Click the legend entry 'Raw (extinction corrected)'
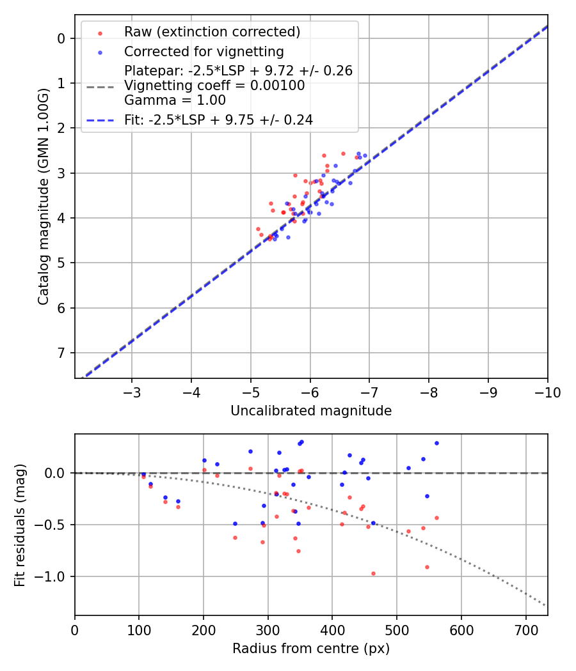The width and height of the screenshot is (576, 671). (212, 32)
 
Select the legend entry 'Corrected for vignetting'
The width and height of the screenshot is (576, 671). (204, 51)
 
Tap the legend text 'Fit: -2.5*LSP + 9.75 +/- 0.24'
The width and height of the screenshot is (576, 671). (218, 120)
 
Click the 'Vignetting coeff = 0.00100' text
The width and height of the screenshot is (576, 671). (214, 86)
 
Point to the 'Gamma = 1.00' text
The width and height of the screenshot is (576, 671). (175, 100)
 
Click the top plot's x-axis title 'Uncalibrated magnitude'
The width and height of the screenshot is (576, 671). (311, 411)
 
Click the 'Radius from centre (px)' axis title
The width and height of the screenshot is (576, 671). (311, 649)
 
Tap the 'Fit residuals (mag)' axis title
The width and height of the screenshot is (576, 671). (20, 525)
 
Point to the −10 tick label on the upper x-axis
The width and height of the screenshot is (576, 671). (547, 391)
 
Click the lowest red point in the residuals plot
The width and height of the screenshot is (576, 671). (373, 573)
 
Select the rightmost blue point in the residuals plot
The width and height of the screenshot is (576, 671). (436, 443)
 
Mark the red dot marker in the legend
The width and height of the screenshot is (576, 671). (99, 32)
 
